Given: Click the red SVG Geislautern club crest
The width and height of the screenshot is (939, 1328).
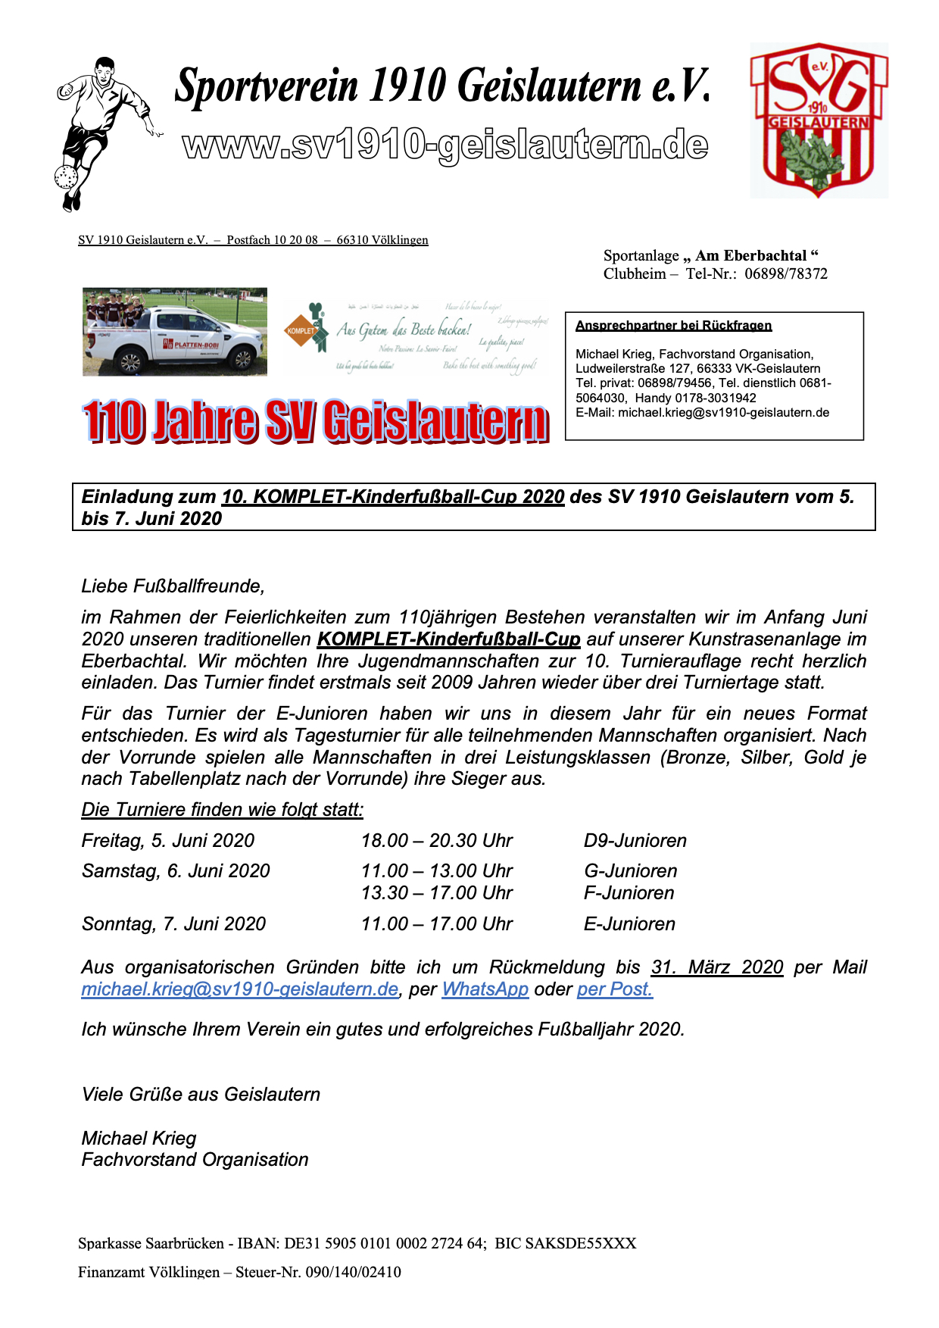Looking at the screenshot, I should [819, 120].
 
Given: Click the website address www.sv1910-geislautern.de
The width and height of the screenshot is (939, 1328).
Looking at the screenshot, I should [445, 145].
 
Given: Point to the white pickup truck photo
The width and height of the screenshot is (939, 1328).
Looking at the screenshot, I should [175, 332].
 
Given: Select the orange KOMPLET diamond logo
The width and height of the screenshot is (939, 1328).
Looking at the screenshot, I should [301, 330].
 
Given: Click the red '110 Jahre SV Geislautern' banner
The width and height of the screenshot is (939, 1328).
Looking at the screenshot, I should [315, 421].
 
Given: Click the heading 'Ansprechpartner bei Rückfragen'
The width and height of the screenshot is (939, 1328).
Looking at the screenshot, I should [673, 326].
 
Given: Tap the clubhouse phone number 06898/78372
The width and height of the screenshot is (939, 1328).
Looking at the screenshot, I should [785, 274].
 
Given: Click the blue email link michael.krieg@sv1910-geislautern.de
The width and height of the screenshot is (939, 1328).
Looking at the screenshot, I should [239, 989].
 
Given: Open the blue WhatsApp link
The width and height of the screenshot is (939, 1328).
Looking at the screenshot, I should [485, 989].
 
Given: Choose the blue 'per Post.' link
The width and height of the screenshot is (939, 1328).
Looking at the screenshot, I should [614, 989].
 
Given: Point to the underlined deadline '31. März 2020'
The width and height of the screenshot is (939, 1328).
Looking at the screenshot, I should [716, 967].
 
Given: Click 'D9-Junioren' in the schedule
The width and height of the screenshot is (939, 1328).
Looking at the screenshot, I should [635, 841].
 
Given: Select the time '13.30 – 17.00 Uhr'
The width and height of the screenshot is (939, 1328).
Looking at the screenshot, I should [436, 893].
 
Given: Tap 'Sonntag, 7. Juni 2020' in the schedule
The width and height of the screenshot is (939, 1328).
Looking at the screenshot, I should [173, 924].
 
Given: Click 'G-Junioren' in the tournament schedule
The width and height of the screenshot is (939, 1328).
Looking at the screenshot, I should [630, 871].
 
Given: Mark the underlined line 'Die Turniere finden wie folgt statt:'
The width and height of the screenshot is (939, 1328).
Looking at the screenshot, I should [222, 810].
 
